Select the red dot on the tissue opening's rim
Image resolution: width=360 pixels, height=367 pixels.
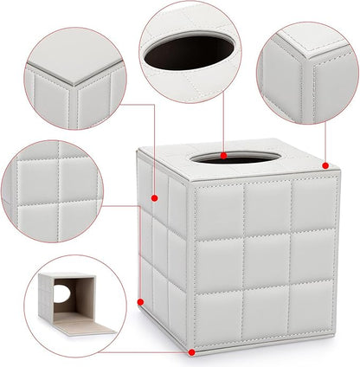(223, 156)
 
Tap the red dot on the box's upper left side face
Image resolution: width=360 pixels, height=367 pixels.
(155, 198)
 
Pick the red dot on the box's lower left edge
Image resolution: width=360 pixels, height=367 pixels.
(140, 300)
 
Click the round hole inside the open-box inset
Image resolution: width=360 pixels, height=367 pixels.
(60, 294)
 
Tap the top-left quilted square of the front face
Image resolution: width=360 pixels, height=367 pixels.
(218, 211)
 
